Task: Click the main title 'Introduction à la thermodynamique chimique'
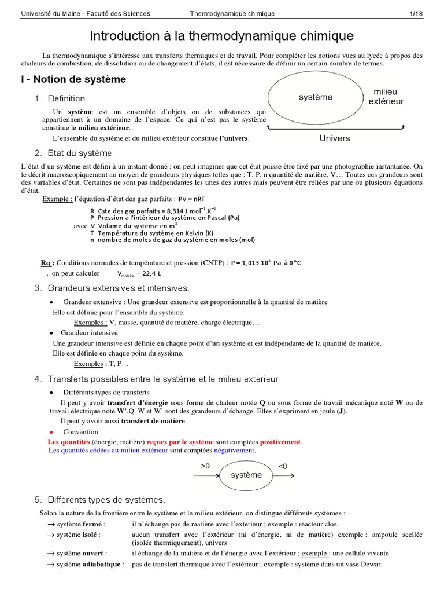(222, 37)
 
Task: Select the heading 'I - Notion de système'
(73, 79)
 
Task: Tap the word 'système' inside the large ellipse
(316, 97)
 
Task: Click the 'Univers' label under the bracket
(335, 138)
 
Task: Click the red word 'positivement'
(280, 442)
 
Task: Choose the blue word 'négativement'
(234, 450)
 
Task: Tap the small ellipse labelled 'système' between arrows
(246, 475)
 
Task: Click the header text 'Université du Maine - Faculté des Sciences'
(85, 13)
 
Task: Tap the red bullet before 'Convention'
(51, 432)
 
